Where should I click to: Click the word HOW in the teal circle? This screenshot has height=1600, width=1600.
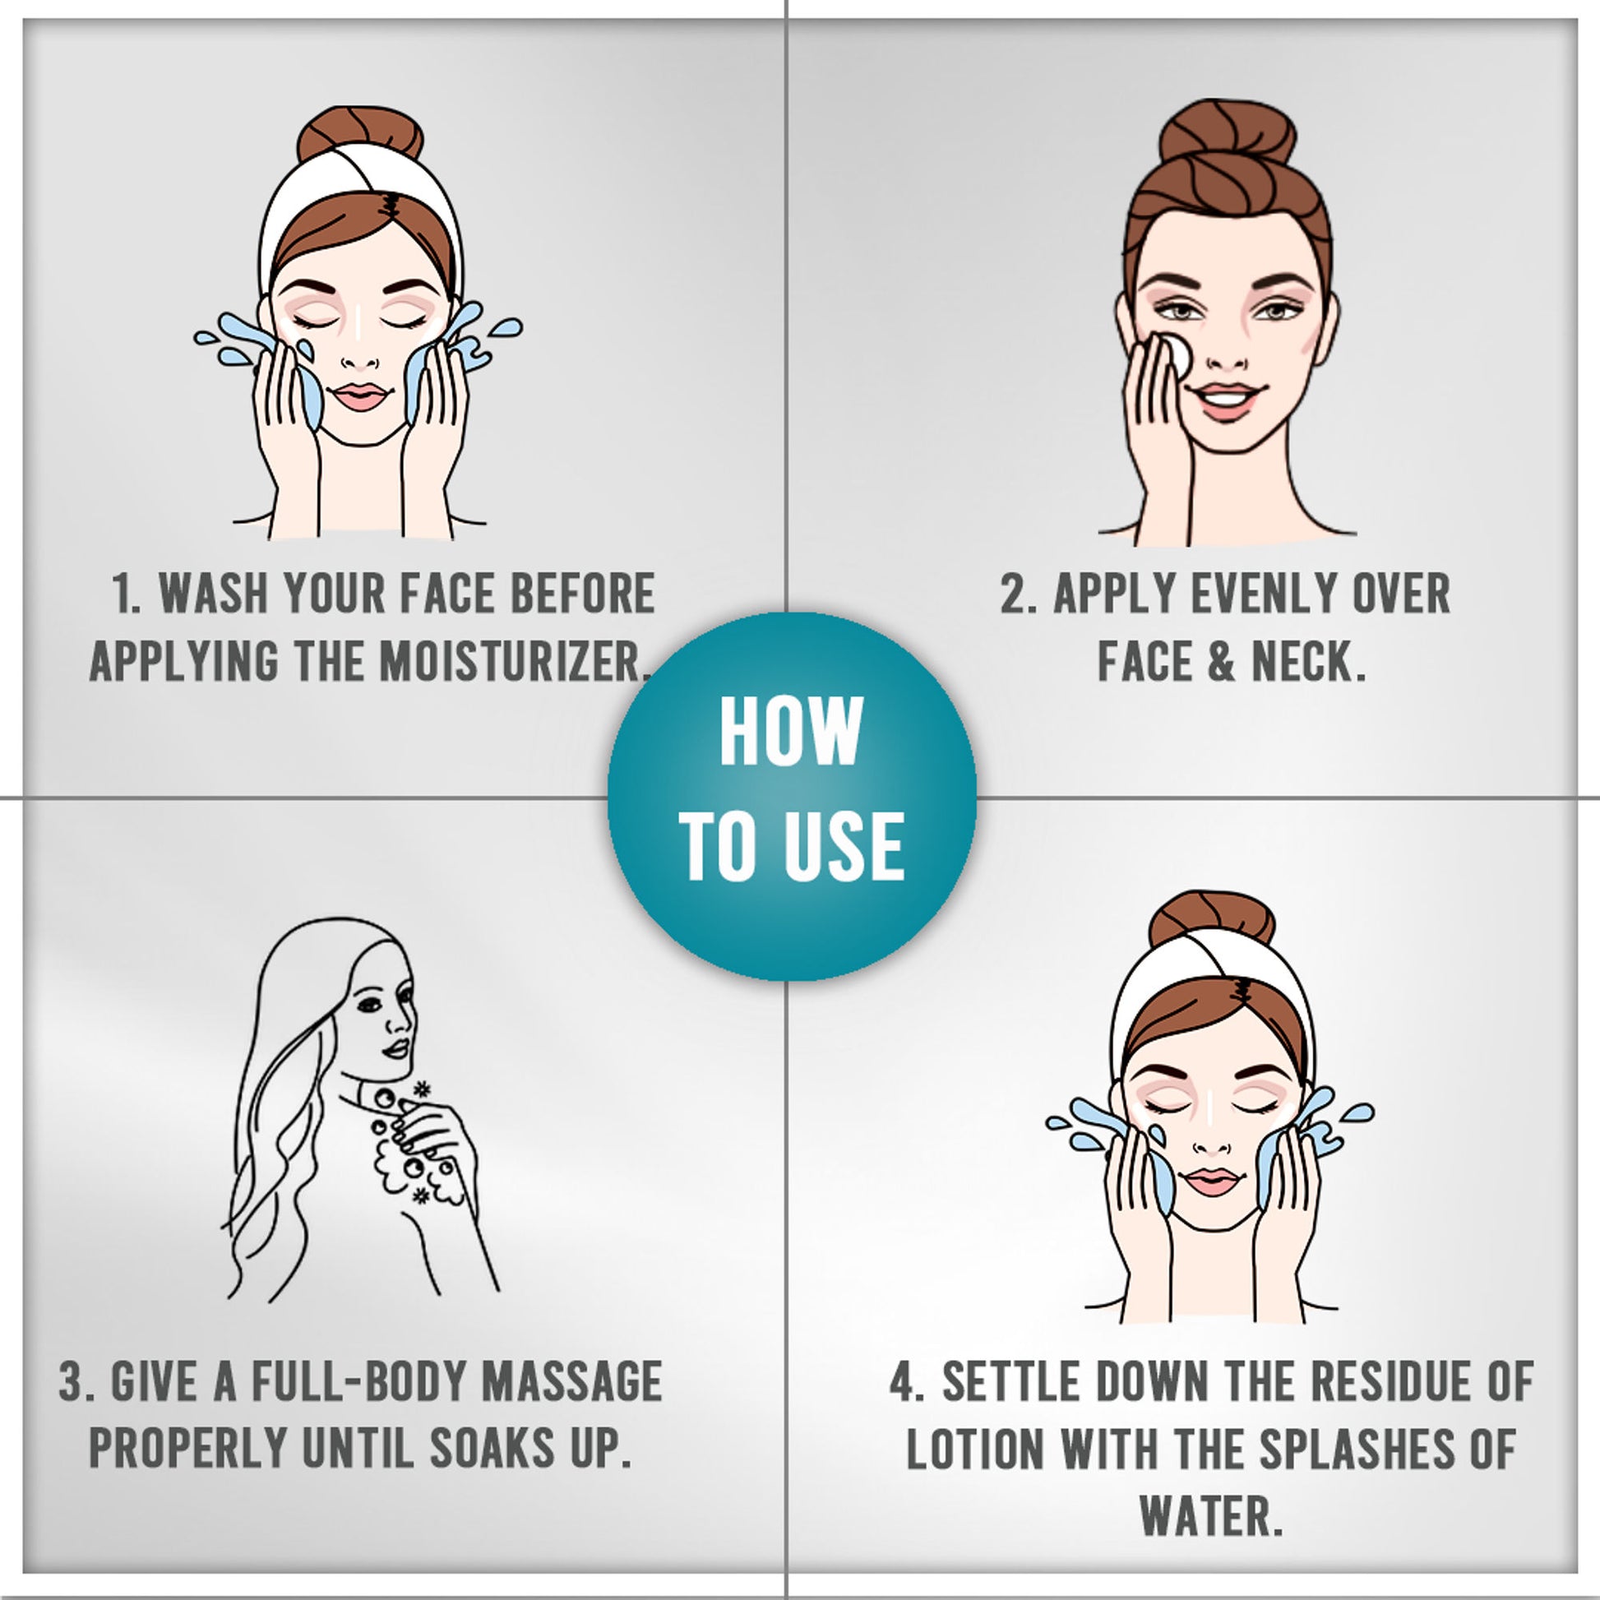pos(792,731)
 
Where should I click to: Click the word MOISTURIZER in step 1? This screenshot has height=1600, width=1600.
pos(511,662)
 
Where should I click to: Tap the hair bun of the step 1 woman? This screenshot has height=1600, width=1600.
pos(360,132)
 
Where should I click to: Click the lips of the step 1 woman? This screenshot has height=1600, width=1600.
pos(361,395)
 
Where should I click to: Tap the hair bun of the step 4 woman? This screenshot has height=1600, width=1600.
pos(1212,918)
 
